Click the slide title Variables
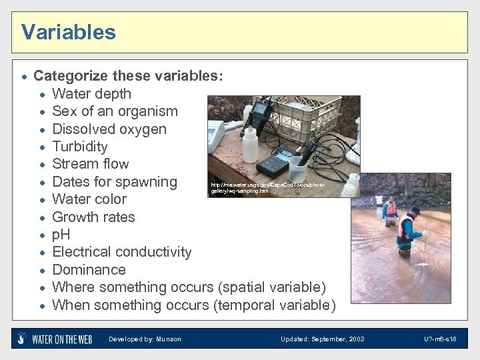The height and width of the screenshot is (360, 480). coord(68,32)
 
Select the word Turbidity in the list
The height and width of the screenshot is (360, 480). coord(79,147)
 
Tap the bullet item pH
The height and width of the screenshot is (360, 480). coord(61,235)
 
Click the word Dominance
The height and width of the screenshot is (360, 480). coord(89,270)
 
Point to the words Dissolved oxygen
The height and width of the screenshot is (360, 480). coord(109,129)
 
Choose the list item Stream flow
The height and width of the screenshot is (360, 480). coord(90,164)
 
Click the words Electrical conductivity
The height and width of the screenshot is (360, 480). coord(121,252)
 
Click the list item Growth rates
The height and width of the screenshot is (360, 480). coord(93,217)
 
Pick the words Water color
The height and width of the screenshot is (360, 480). coord(89,199)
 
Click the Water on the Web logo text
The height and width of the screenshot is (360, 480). coord(62,339)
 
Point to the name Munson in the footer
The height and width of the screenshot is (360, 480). coord(169,339)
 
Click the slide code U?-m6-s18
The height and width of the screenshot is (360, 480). coord(440,339)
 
